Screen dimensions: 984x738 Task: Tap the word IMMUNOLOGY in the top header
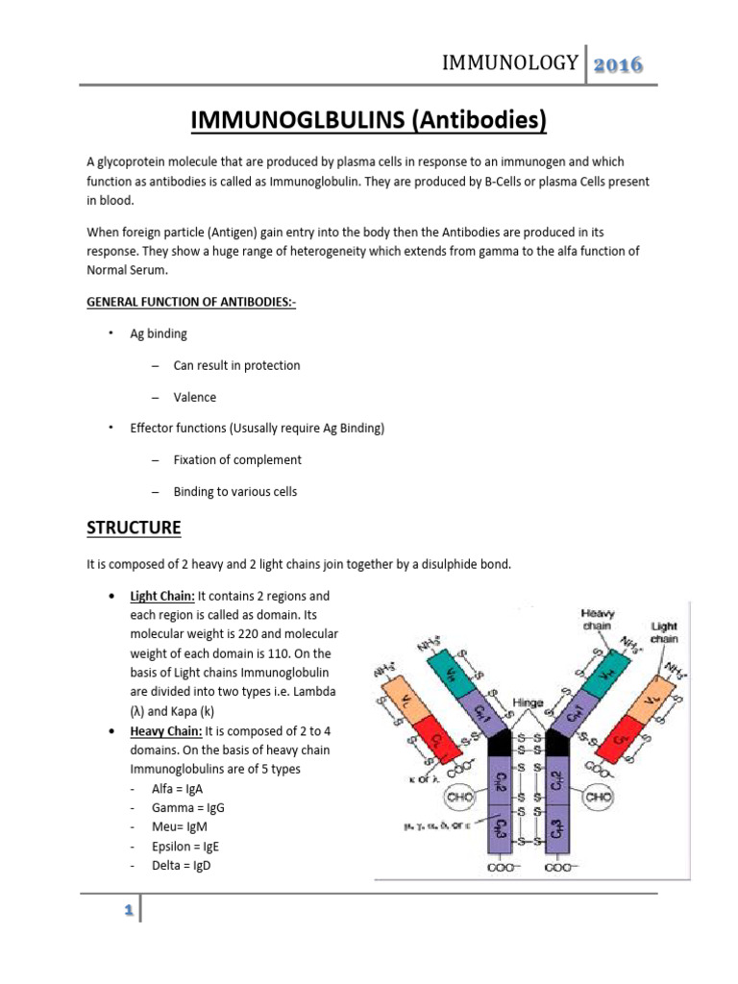(x=509, y=64)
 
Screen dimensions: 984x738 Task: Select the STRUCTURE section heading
(x=134, y=528)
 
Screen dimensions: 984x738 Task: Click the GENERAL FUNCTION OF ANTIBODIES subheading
(x=185, y=302)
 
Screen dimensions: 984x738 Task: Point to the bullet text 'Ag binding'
(x=159, y=333)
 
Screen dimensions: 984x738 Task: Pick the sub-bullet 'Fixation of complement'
(x=237, y=459)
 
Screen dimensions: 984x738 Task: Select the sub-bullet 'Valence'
(x=194, y=397)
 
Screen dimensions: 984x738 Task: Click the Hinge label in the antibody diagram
(x=529, y=702)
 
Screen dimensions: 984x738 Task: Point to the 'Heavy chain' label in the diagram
(x=598, y=621)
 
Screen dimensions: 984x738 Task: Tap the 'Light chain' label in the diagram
(x=664, y=632)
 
